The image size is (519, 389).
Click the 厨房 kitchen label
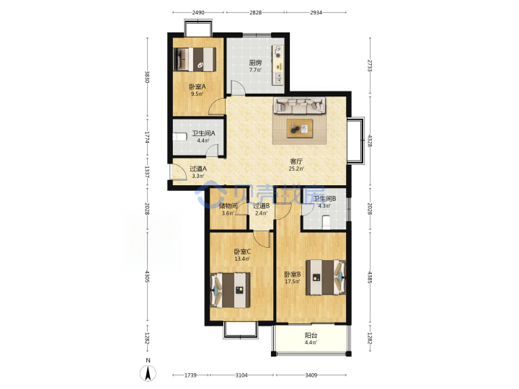(x=255, y=63)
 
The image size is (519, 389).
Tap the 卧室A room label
(x=198, y=86)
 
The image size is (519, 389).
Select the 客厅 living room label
(x=296, y=161)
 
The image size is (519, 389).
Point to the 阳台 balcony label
(x=311, y=336)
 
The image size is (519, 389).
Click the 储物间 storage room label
(x=229, y=206)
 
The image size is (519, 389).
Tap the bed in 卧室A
(x=195, y=59)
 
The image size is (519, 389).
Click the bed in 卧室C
(x=230, y=290)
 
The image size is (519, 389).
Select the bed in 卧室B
(x=326, y=277)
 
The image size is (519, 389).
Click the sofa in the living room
(x=300, y=105)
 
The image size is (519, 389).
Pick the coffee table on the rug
(x=300, y=128)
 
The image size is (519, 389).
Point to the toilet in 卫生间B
(x=327, y=222)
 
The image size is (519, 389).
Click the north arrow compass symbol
(x=148, y=374)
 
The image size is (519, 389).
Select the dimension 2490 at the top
(x=198, y=12)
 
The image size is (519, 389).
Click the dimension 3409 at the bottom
(x=311, y=375)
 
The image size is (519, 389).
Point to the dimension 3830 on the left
(x=148, y=77)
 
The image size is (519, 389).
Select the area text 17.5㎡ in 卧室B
(x=292, y=282)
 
